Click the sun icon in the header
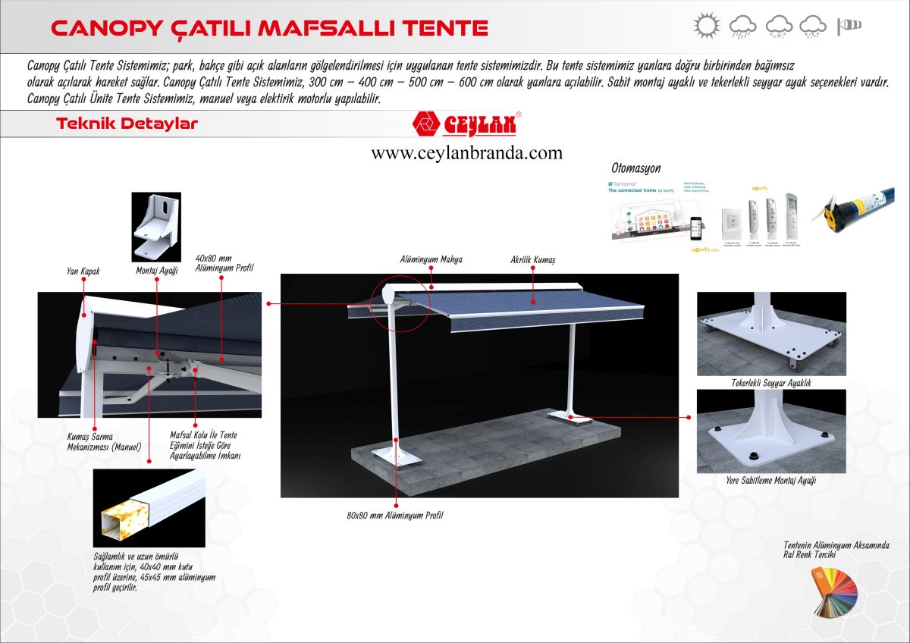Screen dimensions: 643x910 tap(706, 26)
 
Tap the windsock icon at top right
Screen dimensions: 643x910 tap(849, 27)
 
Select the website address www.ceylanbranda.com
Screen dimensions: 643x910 tap(466, 153)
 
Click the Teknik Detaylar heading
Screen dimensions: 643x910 tap(127, 124)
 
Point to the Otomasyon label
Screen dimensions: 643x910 tap(635, 168)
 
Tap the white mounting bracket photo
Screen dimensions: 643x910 tap(156, 226)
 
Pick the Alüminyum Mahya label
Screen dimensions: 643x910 tap(431, 259)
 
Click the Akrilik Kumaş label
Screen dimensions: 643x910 tap(533, 259)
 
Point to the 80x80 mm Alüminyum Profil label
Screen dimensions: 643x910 tap(394, 516)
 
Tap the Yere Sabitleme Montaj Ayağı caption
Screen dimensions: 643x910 tap(771, 480)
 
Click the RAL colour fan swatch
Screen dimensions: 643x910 tap(834, 591)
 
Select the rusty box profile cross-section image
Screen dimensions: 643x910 tap(149, 508)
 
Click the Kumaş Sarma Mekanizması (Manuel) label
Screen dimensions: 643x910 tap(104, 442)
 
